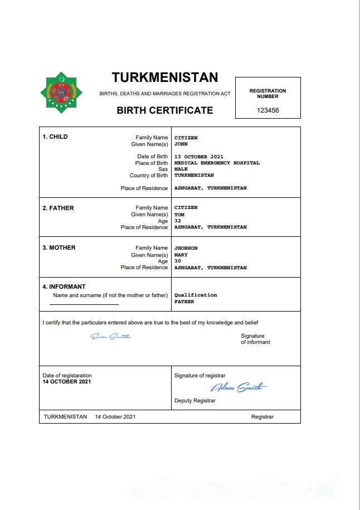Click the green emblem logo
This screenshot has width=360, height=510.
pyautogui.click(x=61, y=91)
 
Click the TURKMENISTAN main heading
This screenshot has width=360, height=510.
pyautogui.click(x=164, y=77)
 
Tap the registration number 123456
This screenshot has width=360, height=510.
pyautogui.click(x=267, y=110)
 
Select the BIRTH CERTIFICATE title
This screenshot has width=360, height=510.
pyautogui.click(x=164, y=110)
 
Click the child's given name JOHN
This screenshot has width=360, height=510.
pyautogui.click(x=181, y=144)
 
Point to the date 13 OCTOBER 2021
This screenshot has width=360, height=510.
pyautogui.click(x=198, y=157)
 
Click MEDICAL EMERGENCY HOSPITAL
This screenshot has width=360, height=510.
pyautogui.click(x=217, y=163)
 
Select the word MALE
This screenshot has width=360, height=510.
pyautogui.click(x=181, y=169)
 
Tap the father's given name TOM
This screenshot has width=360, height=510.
pyautogui.click(x=179, y=215)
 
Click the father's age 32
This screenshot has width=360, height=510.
pyautogui.click(x=178, y=221)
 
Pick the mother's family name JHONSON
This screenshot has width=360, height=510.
pyautogui.click(x=186, y=248)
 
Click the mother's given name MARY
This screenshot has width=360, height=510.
pyautogui.click(x=181, y=255)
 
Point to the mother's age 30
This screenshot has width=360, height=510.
pyautogui.click(x=178, y=261)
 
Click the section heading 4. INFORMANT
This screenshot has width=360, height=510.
pyautogui.click(x=64, y=287)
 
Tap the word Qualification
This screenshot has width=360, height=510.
pyautogui.click(x=196, y=295)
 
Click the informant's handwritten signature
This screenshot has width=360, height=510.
pyautogui.click(x=110, y=336)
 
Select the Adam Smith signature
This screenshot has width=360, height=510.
pyautogui.click(x=239, y=387)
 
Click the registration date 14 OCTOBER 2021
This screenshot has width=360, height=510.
pyautogui.click(x=66, y=382)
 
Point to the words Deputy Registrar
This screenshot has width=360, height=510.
pyautogui.click(x=194, y=401)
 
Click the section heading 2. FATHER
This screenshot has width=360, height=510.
pyautogui.click(x=58, y=208)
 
